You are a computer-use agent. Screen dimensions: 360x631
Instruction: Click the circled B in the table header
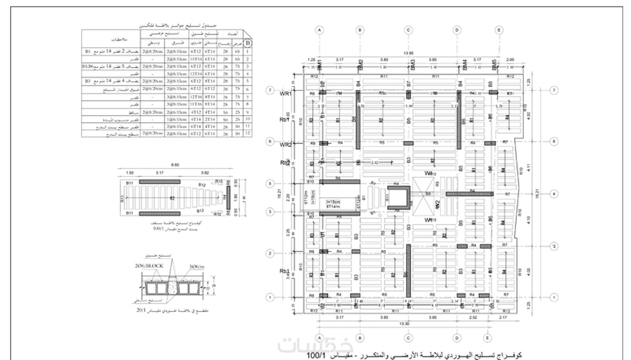click(x=248, y=43)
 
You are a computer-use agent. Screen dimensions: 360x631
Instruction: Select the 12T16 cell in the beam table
click(x=196, y=97)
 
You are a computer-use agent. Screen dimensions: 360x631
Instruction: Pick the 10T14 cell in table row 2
click(x=196, y=59)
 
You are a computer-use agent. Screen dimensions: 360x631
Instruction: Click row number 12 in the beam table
click(x=248, y=133)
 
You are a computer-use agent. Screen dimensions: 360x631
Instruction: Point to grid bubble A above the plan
click(x=320, y=30)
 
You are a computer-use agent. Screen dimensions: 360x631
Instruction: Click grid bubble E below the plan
click(x=487, y=338)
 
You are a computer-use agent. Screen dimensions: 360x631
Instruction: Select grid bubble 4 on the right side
click(x=554, y=194)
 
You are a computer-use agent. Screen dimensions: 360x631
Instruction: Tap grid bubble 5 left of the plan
click(x=270, y=184)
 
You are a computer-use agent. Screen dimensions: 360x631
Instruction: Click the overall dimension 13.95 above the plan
click(x=408, y=53)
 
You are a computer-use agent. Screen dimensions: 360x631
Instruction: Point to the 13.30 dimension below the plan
click(x=404, y=324)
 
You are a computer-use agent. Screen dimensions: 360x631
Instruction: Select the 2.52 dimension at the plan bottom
click(x=473, y=317)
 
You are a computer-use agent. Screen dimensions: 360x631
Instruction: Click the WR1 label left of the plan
click(x=285, y=94)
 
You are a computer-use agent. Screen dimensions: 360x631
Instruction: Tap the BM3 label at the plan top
click(x=413, y=65)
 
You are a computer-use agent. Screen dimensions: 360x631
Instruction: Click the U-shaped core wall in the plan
click(x=399, y=197)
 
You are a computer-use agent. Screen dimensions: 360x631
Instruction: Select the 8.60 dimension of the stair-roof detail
click(x=174, y=165)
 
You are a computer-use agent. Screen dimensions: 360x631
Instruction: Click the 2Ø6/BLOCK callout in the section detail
click(x=149, y=266)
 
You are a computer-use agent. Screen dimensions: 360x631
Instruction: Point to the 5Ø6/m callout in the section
click(x=197, y=266)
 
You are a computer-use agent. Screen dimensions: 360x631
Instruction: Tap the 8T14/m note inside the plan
click(x=333, y=206)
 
